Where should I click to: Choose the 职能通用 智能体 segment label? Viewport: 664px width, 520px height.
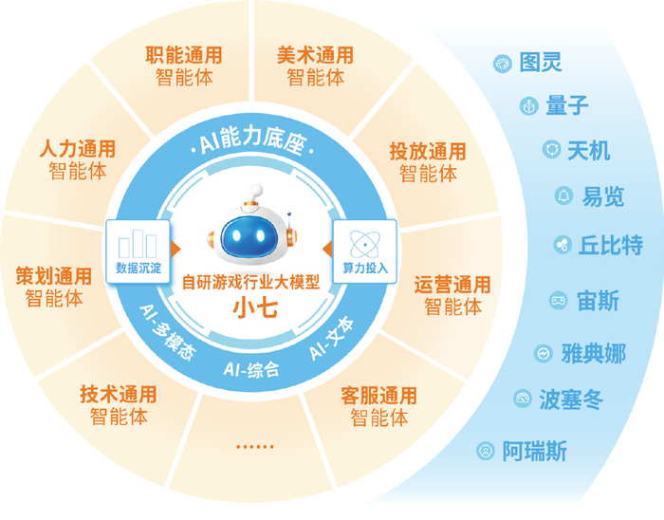tap(184, 65)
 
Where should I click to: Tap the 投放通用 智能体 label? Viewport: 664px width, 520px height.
tap(428, 161)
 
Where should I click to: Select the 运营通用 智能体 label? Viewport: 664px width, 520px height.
tap(452, 295)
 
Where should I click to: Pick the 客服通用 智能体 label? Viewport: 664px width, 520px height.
tap(378, 406)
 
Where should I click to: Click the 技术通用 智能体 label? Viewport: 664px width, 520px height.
tap(119, 404)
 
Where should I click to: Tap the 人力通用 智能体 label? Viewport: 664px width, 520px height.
tap(78, 160)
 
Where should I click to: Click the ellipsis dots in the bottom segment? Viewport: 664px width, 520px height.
tap(253, 446)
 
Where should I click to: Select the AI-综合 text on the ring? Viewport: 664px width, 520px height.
tap(251, 368)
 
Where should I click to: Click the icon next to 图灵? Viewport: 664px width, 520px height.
tap(502, 64)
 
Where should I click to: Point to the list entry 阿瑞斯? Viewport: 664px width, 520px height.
tap(534, 452)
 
